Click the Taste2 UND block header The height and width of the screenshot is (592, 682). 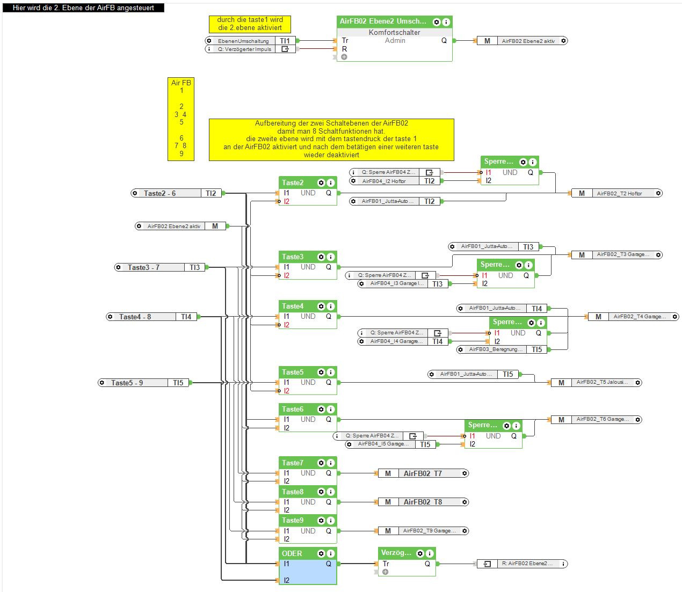[x=293, y=182]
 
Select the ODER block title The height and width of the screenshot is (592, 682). [x=293, y=553]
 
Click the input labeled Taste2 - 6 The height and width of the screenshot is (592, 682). [x=159, y=193]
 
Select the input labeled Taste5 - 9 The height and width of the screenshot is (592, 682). [x=127, y=383]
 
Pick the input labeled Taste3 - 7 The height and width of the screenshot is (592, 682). [x=143, y=267]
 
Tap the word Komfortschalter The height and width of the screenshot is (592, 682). [x=394, y=32]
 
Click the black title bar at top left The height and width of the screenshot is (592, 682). [x=83, y=8]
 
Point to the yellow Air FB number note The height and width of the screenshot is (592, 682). [x=181, y=119]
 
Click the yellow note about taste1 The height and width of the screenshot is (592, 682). [x=250, y=24]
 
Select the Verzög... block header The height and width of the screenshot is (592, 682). [x=396, y=553]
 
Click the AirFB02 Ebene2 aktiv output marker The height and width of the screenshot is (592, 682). [x=521, y=41]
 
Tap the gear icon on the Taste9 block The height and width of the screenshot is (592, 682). [x=321, y=521]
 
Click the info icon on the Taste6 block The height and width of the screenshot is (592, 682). [x=331, y=410]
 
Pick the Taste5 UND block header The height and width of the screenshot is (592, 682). [x=293, y=372]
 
